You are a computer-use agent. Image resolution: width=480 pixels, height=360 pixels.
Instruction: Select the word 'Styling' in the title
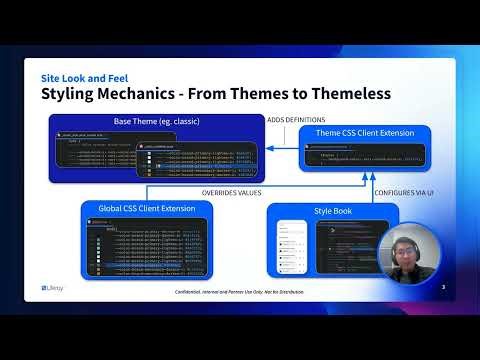click(x=76, y=94)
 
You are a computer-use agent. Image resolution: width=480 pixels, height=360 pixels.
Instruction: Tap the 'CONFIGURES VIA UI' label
click(x=403, y=192)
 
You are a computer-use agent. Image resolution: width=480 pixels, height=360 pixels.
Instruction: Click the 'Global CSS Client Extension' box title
click(x=147, y=208)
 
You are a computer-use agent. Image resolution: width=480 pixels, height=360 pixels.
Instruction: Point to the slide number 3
click(x=442, y=287)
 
